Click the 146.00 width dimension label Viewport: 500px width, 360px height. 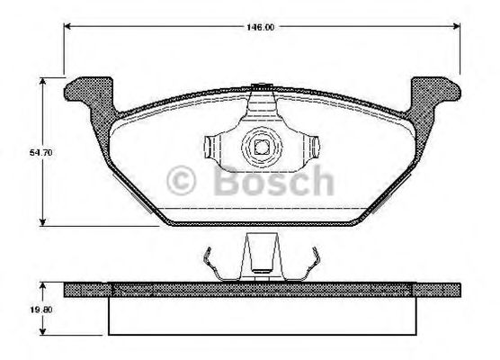[x=260, y=28]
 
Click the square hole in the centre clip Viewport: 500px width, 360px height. [x=261, y=146]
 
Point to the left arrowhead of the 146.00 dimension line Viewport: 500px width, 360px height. [x=67, y=28]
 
